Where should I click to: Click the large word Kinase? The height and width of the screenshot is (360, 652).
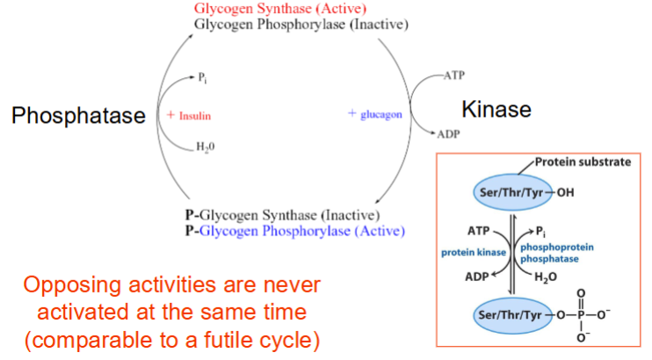click(x=496, y=109)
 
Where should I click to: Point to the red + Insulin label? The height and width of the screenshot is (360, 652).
click(x=188, y=115)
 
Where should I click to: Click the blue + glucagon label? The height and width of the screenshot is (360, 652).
click(x=375, y=114)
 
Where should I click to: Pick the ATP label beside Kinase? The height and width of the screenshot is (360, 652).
click(x=453, y=76)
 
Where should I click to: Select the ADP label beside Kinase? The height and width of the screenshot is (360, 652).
click(x=449, y=133)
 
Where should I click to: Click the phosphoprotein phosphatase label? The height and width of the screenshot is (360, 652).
click(x=559, y=253)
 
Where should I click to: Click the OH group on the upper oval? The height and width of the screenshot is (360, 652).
click(x=565, y=194)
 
